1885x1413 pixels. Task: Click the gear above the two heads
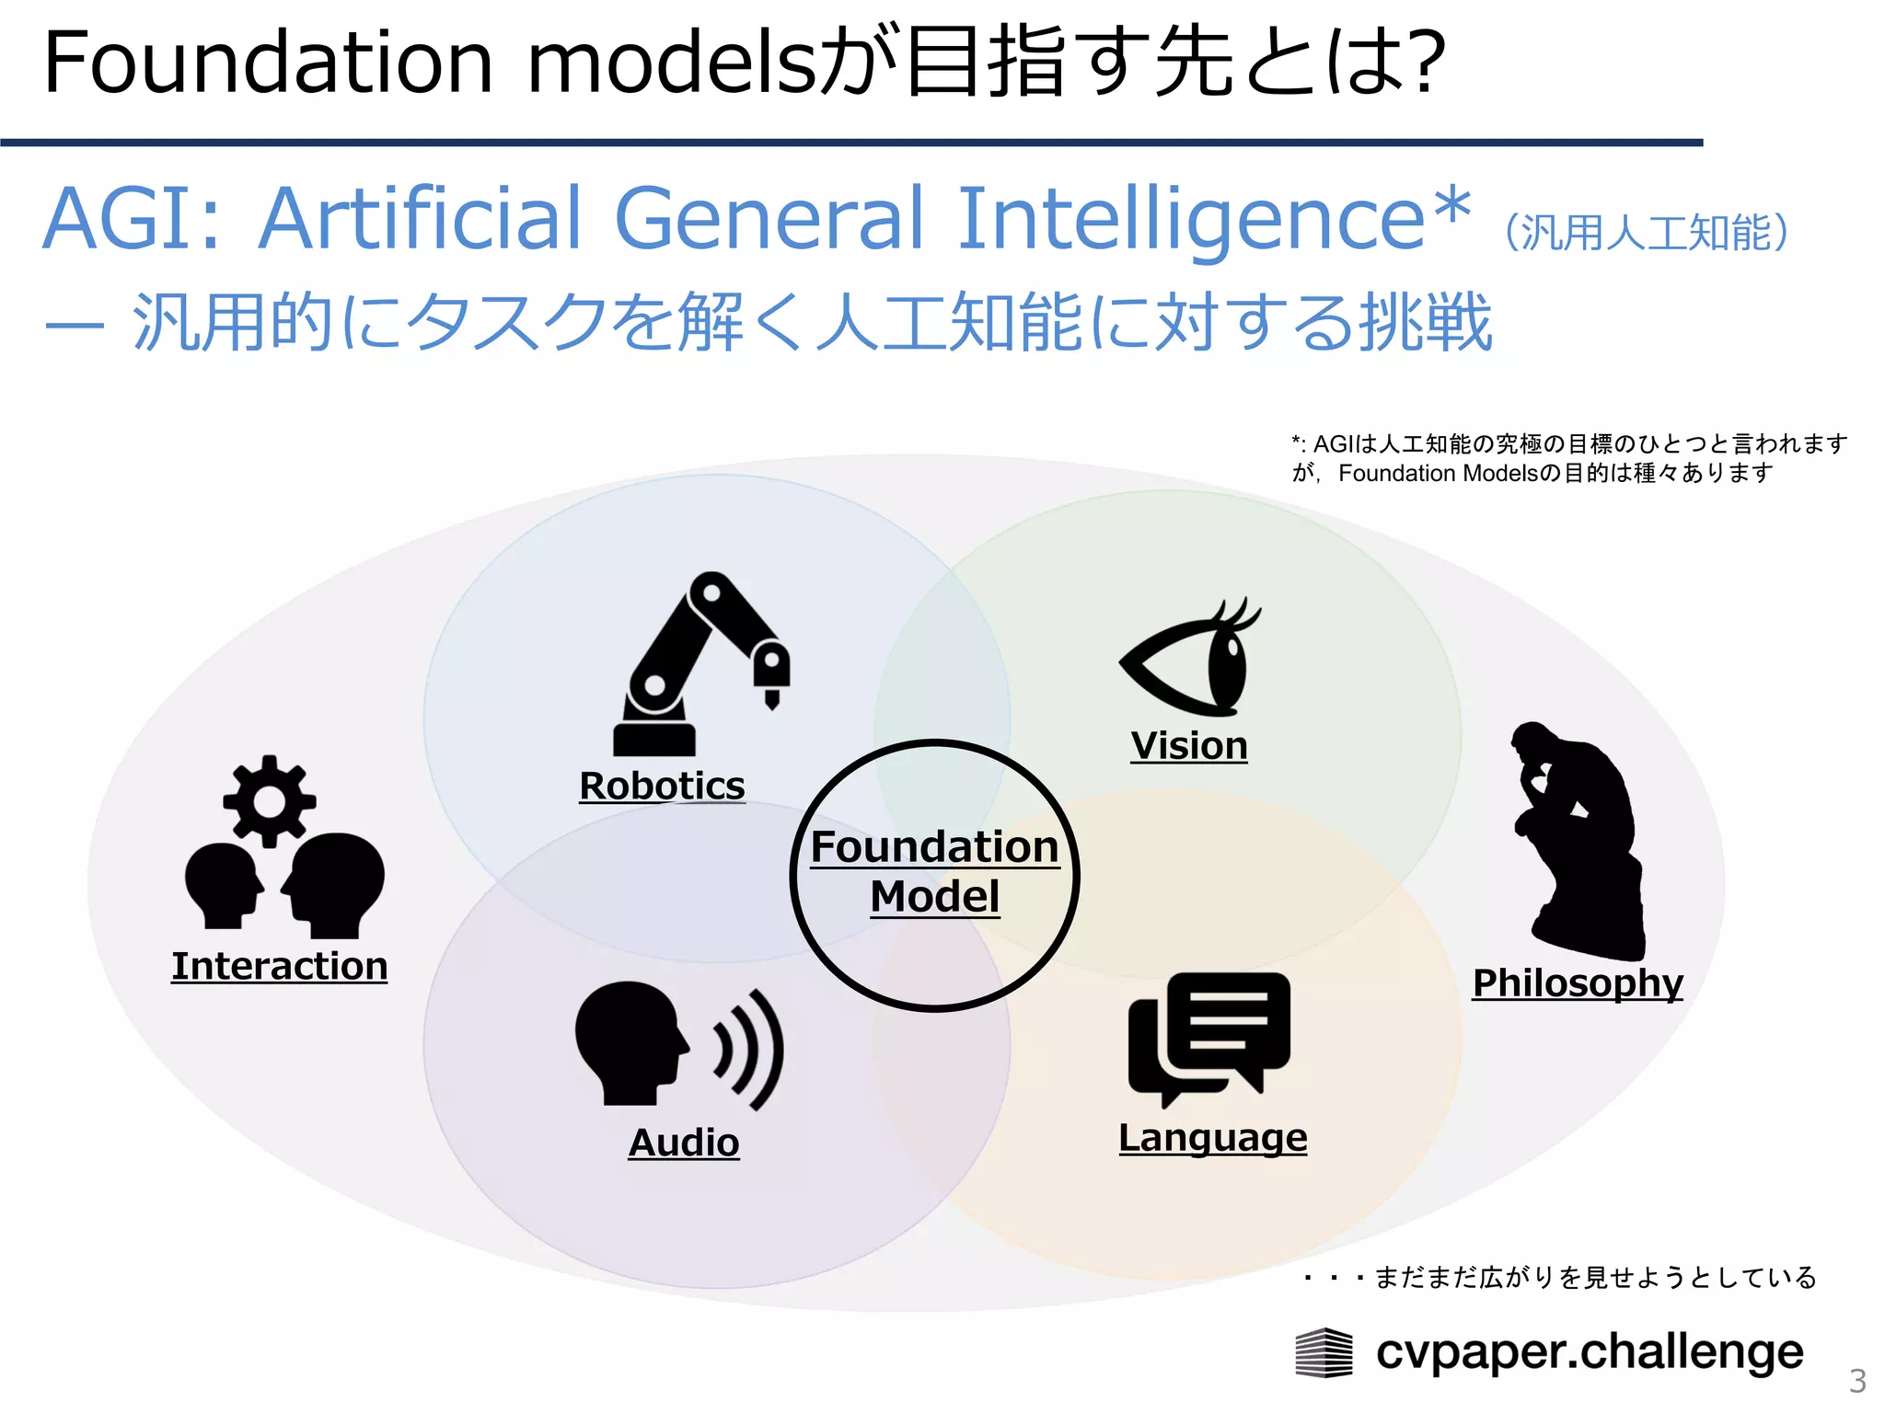tap(269, 800)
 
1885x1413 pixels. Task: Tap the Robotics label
tap(662, 786)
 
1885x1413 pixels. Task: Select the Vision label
tap(1189, 745)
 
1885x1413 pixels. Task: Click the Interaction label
tap(279, 966)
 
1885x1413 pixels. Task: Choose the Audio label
tap(684, 1143)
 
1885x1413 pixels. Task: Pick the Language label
tap(1212, 1138)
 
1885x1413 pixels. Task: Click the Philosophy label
tap(1578, 982)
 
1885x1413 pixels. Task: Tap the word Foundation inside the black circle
tap(934, 846)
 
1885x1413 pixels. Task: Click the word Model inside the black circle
tap(934, 896)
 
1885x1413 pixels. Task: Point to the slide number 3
tap(1857, 1381)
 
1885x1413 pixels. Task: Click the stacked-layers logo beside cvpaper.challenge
tap(1324, 1353)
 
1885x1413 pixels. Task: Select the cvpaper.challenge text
tap(1590, 1351)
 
